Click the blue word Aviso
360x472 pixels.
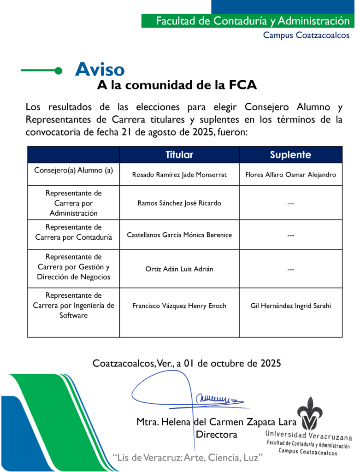100,70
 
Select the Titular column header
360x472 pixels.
179,155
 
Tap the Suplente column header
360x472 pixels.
290,155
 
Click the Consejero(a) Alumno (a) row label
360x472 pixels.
74,170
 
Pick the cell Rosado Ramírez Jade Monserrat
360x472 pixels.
179,175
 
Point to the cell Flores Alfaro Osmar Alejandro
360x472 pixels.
290,175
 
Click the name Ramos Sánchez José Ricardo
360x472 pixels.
179,203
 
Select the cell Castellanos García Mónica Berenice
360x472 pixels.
179,235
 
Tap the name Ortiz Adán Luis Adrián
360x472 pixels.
179,269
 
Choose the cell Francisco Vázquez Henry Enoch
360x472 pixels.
179,306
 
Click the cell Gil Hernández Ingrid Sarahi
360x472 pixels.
290,306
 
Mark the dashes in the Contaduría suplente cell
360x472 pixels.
290,235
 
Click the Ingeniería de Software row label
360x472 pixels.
74,306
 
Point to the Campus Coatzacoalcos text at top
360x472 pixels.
306,35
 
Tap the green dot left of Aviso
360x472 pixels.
58,71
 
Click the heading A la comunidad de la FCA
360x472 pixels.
177,85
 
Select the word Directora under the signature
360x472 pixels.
217,434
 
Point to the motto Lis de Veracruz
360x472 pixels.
189,457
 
